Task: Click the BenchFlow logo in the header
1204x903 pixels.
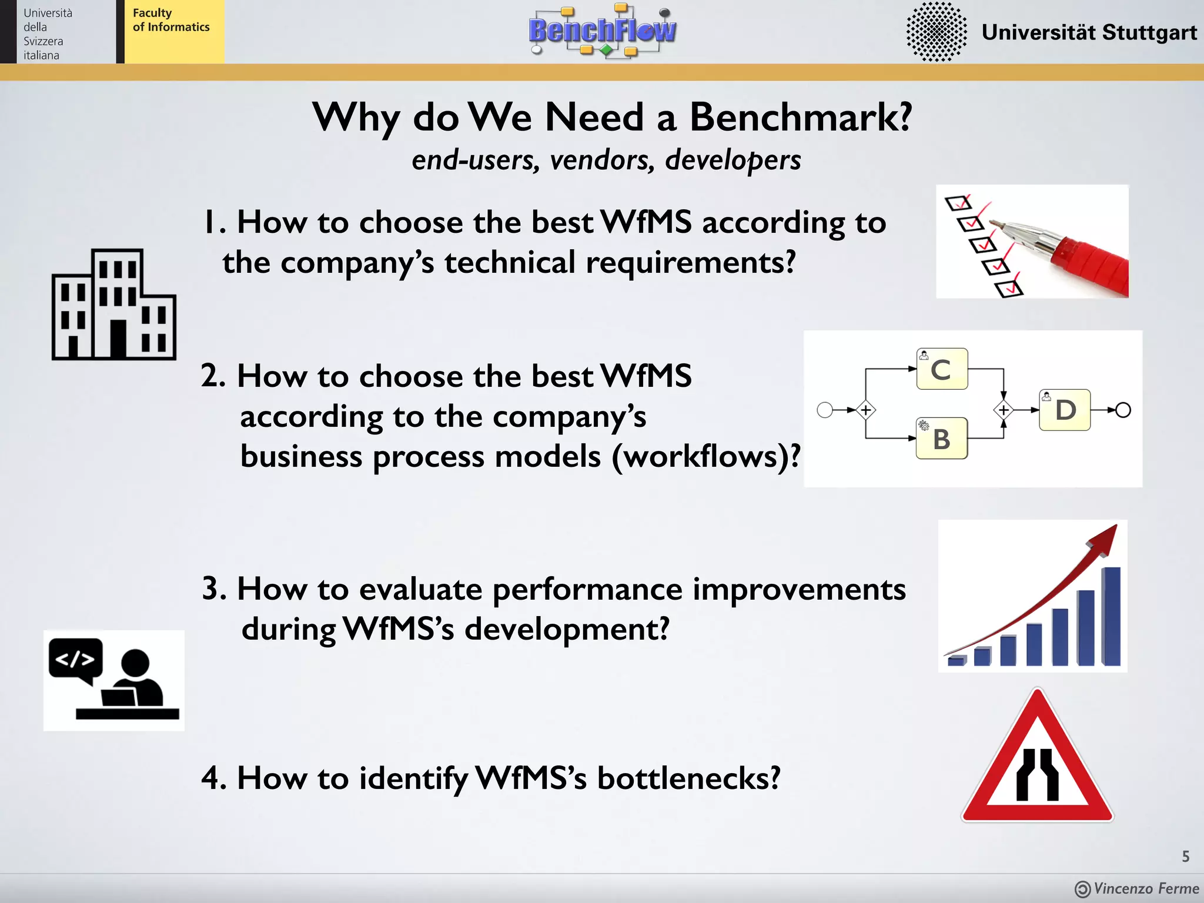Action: [602, 31]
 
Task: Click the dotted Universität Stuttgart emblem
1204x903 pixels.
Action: [936, 32]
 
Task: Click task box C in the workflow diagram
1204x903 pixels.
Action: [942, 369]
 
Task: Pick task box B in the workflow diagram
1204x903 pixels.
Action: [941, 439]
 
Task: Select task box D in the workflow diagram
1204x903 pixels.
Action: [1065, 410]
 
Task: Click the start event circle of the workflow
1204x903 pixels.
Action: [825, 410]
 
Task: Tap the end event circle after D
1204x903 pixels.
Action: [1123, 410]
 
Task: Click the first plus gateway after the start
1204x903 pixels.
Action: [865, 410]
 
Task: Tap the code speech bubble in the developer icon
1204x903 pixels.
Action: [75, 660]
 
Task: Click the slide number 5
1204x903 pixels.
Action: [1185, 857]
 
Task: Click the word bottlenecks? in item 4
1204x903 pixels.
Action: [688, 778]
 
